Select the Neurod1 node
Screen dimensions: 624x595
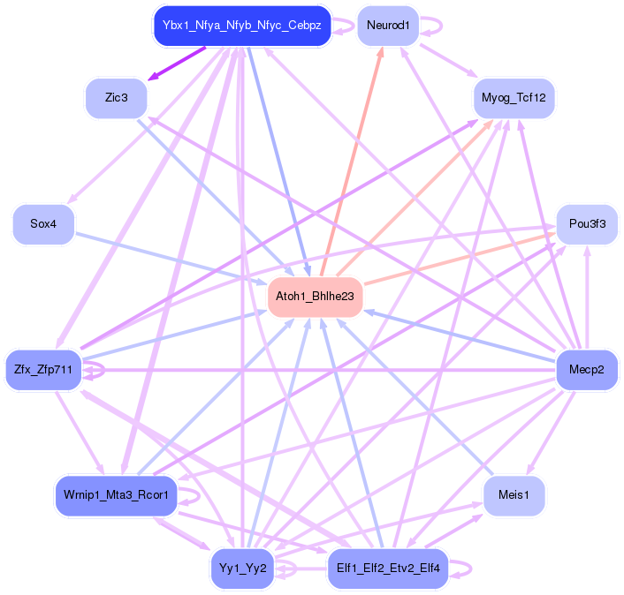tap(388, 26)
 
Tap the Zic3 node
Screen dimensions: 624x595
tap(116, 97)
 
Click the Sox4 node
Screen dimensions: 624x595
tap(43, 224)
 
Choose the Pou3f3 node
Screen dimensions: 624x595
tap(587, 224)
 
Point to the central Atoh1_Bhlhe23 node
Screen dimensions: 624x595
tap(315, 297)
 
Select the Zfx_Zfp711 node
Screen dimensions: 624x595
tap(43, 368)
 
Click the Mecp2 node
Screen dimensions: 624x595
tap(587, 368)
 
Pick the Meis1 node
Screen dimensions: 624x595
tap(514, 495)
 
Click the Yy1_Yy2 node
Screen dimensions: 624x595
tap(241, 568)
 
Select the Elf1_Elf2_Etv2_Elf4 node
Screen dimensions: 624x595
tap(388, 568)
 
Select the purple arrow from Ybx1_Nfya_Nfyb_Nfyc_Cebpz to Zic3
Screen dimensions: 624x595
tap(177, 64)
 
